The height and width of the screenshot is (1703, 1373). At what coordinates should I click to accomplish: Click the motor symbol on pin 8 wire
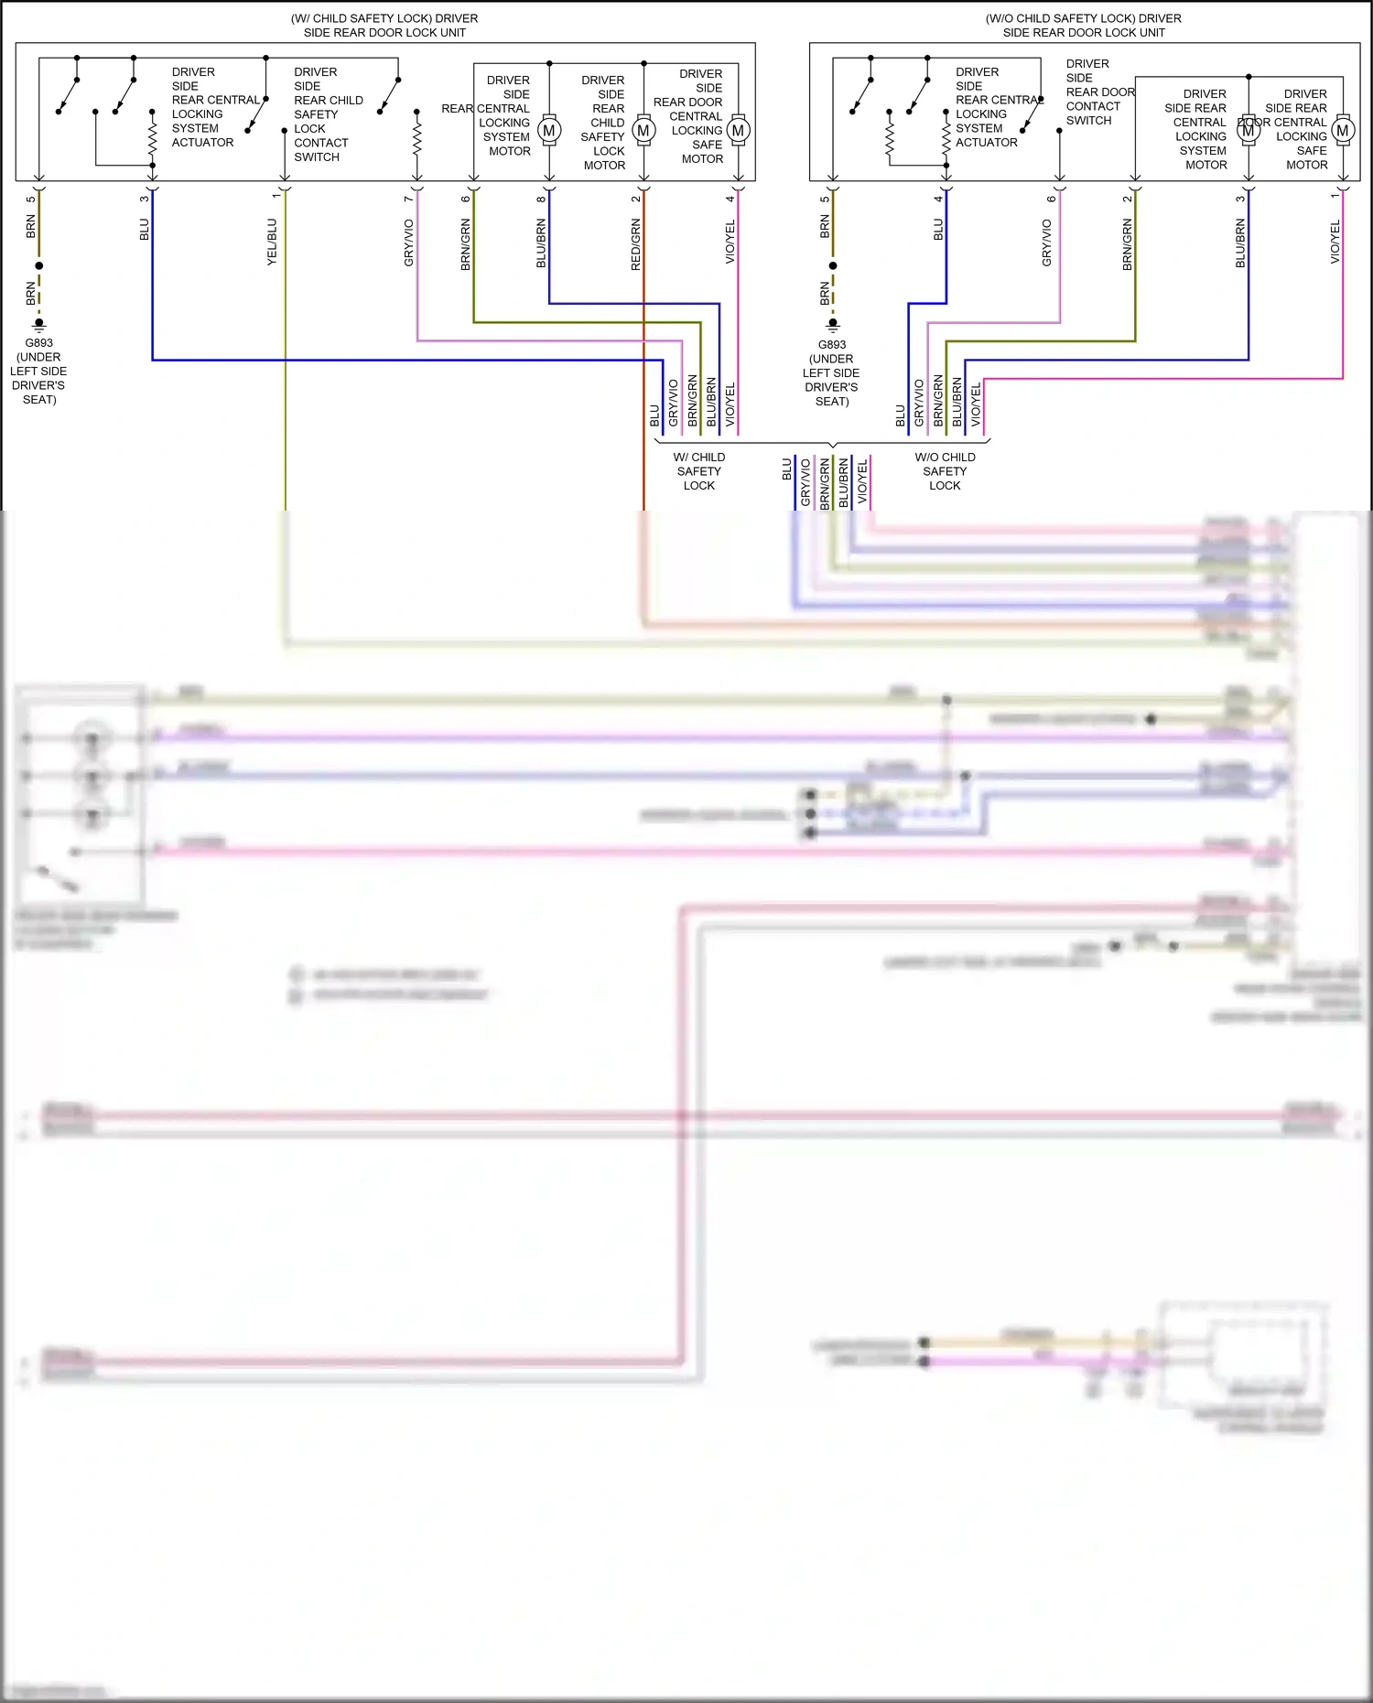coord(549,131)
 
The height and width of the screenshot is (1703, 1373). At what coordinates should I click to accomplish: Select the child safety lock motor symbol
coord(643,131)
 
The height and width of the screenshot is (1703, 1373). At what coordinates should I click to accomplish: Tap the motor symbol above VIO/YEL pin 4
coord(738,131)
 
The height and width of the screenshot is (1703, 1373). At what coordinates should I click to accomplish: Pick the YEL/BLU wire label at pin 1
coord(272,243)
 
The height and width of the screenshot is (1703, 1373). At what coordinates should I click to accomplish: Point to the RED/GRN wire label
coord(636,244)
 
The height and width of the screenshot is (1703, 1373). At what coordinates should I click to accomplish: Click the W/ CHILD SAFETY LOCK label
coord(699,471)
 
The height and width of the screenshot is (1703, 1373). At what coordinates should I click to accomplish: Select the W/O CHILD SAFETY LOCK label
coord(945,471)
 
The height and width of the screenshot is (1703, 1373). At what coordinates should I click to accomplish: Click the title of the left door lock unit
coord(384,25)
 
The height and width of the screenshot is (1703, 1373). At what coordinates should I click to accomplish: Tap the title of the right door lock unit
coord(1084,25)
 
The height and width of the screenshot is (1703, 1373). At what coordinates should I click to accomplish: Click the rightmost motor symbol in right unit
coord(1343,131)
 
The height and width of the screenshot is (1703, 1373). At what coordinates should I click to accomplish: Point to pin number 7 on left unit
coord(409,199)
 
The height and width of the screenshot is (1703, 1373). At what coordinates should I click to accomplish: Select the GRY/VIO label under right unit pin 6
coord(1047,243)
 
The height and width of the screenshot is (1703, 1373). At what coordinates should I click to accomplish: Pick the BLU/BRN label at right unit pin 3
coord(1241,243)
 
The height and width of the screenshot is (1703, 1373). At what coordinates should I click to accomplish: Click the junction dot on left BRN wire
coord(39,265)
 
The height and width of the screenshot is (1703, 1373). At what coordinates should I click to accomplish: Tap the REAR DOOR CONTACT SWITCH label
coord(1097,92)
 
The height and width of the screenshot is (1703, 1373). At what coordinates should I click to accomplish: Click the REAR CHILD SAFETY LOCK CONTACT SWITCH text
coord(327,114)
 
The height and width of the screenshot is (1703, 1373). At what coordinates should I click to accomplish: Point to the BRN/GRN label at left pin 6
coord(466,244)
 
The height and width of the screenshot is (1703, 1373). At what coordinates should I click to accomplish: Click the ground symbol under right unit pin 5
coord(832,323)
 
